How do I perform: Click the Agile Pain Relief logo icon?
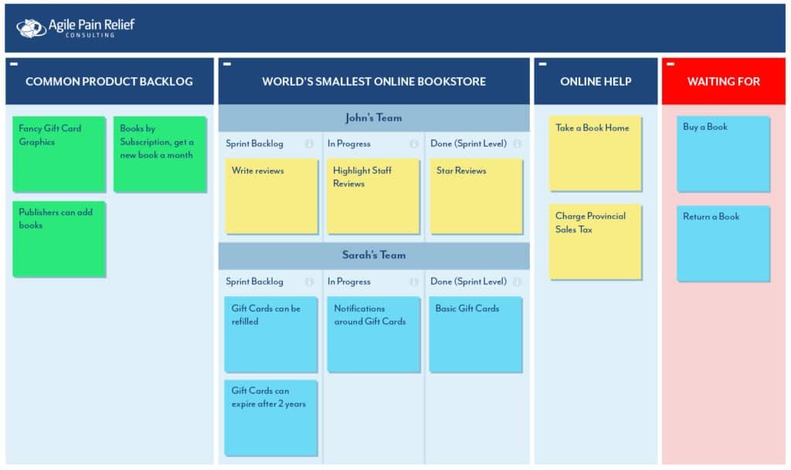click(31, 28)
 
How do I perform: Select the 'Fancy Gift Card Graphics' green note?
click(59, 154)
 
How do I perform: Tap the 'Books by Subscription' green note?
click(160, 154)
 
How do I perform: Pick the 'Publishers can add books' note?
click(59, 238)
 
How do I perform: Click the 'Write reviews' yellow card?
click(271, 196)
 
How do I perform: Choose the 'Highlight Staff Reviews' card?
click(373, 196)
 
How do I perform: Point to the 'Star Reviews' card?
click(476, 196)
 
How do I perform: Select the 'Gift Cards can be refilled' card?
click(271, 334)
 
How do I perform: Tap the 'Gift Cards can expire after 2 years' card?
click(271, 417)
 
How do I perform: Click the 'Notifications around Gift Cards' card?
click(373, 334)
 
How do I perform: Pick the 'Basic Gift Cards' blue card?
click(476, 334)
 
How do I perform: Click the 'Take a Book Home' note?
click(595, 154)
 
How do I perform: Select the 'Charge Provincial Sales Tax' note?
click(595, 242)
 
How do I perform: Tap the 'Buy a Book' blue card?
click(723, 154)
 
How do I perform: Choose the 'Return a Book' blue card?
click(723, 243)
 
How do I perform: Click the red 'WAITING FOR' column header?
click(723, 82)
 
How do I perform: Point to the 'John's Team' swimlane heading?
click(373, 118)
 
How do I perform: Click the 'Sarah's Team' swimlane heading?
click(373, 255)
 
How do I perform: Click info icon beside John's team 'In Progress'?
click(414, 144)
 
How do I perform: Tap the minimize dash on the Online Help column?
click(542, 64)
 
